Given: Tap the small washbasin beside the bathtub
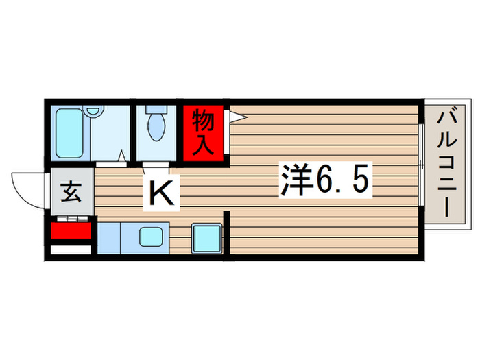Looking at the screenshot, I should pos(94,110).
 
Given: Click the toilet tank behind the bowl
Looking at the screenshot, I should pos(157,109).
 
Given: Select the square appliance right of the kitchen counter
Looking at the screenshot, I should pos(206,238).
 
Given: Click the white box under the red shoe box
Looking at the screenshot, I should pos(71,250).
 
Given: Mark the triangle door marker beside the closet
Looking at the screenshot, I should pos(234,117).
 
